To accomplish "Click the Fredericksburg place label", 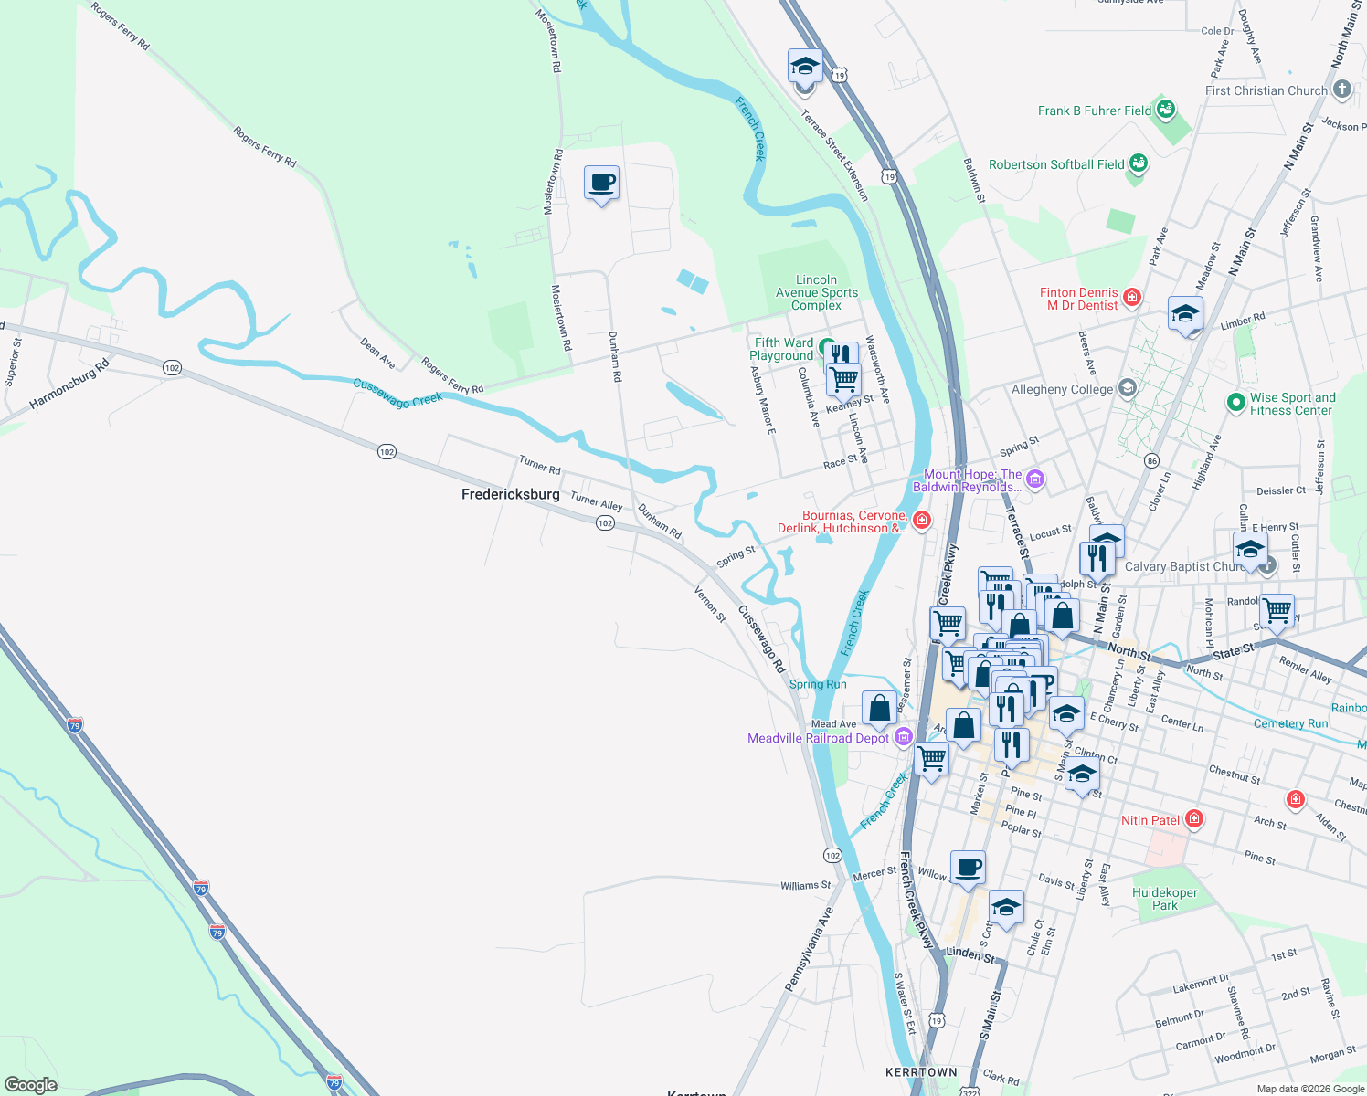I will coord(510,494).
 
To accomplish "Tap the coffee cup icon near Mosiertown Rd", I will coord(601,184).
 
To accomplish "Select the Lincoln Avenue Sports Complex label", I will coord(816,292).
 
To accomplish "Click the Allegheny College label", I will coord(1062,389).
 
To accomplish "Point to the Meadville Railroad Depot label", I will coord(818,738).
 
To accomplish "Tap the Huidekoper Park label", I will coord(1164,899).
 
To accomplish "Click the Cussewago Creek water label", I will coord(397,394).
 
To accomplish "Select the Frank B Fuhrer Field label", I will coord(1095,111).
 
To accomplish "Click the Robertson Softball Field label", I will coord(1056,164).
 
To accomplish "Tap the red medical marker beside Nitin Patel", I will coord(1193,819).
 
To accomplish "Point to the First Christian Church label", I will coord(1266,90).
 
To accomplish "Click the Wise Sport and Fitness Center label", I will coord(1292,404).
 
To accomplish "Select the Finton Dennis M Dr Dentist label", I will coord(1079,299).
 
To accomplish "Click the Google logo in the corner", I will coord(30,1084).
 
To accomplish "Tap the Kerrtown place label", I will coord(921,1072).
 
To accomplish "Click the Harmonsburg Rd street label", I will coord(69,385).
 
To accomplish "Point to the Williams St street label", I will coord(805,885).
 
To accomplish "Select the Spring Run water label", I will coord(818,684).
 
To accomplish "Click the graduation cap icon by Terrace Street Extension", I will coord(805,67).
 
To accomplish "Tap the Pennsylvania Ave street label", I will coord(809,948).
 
